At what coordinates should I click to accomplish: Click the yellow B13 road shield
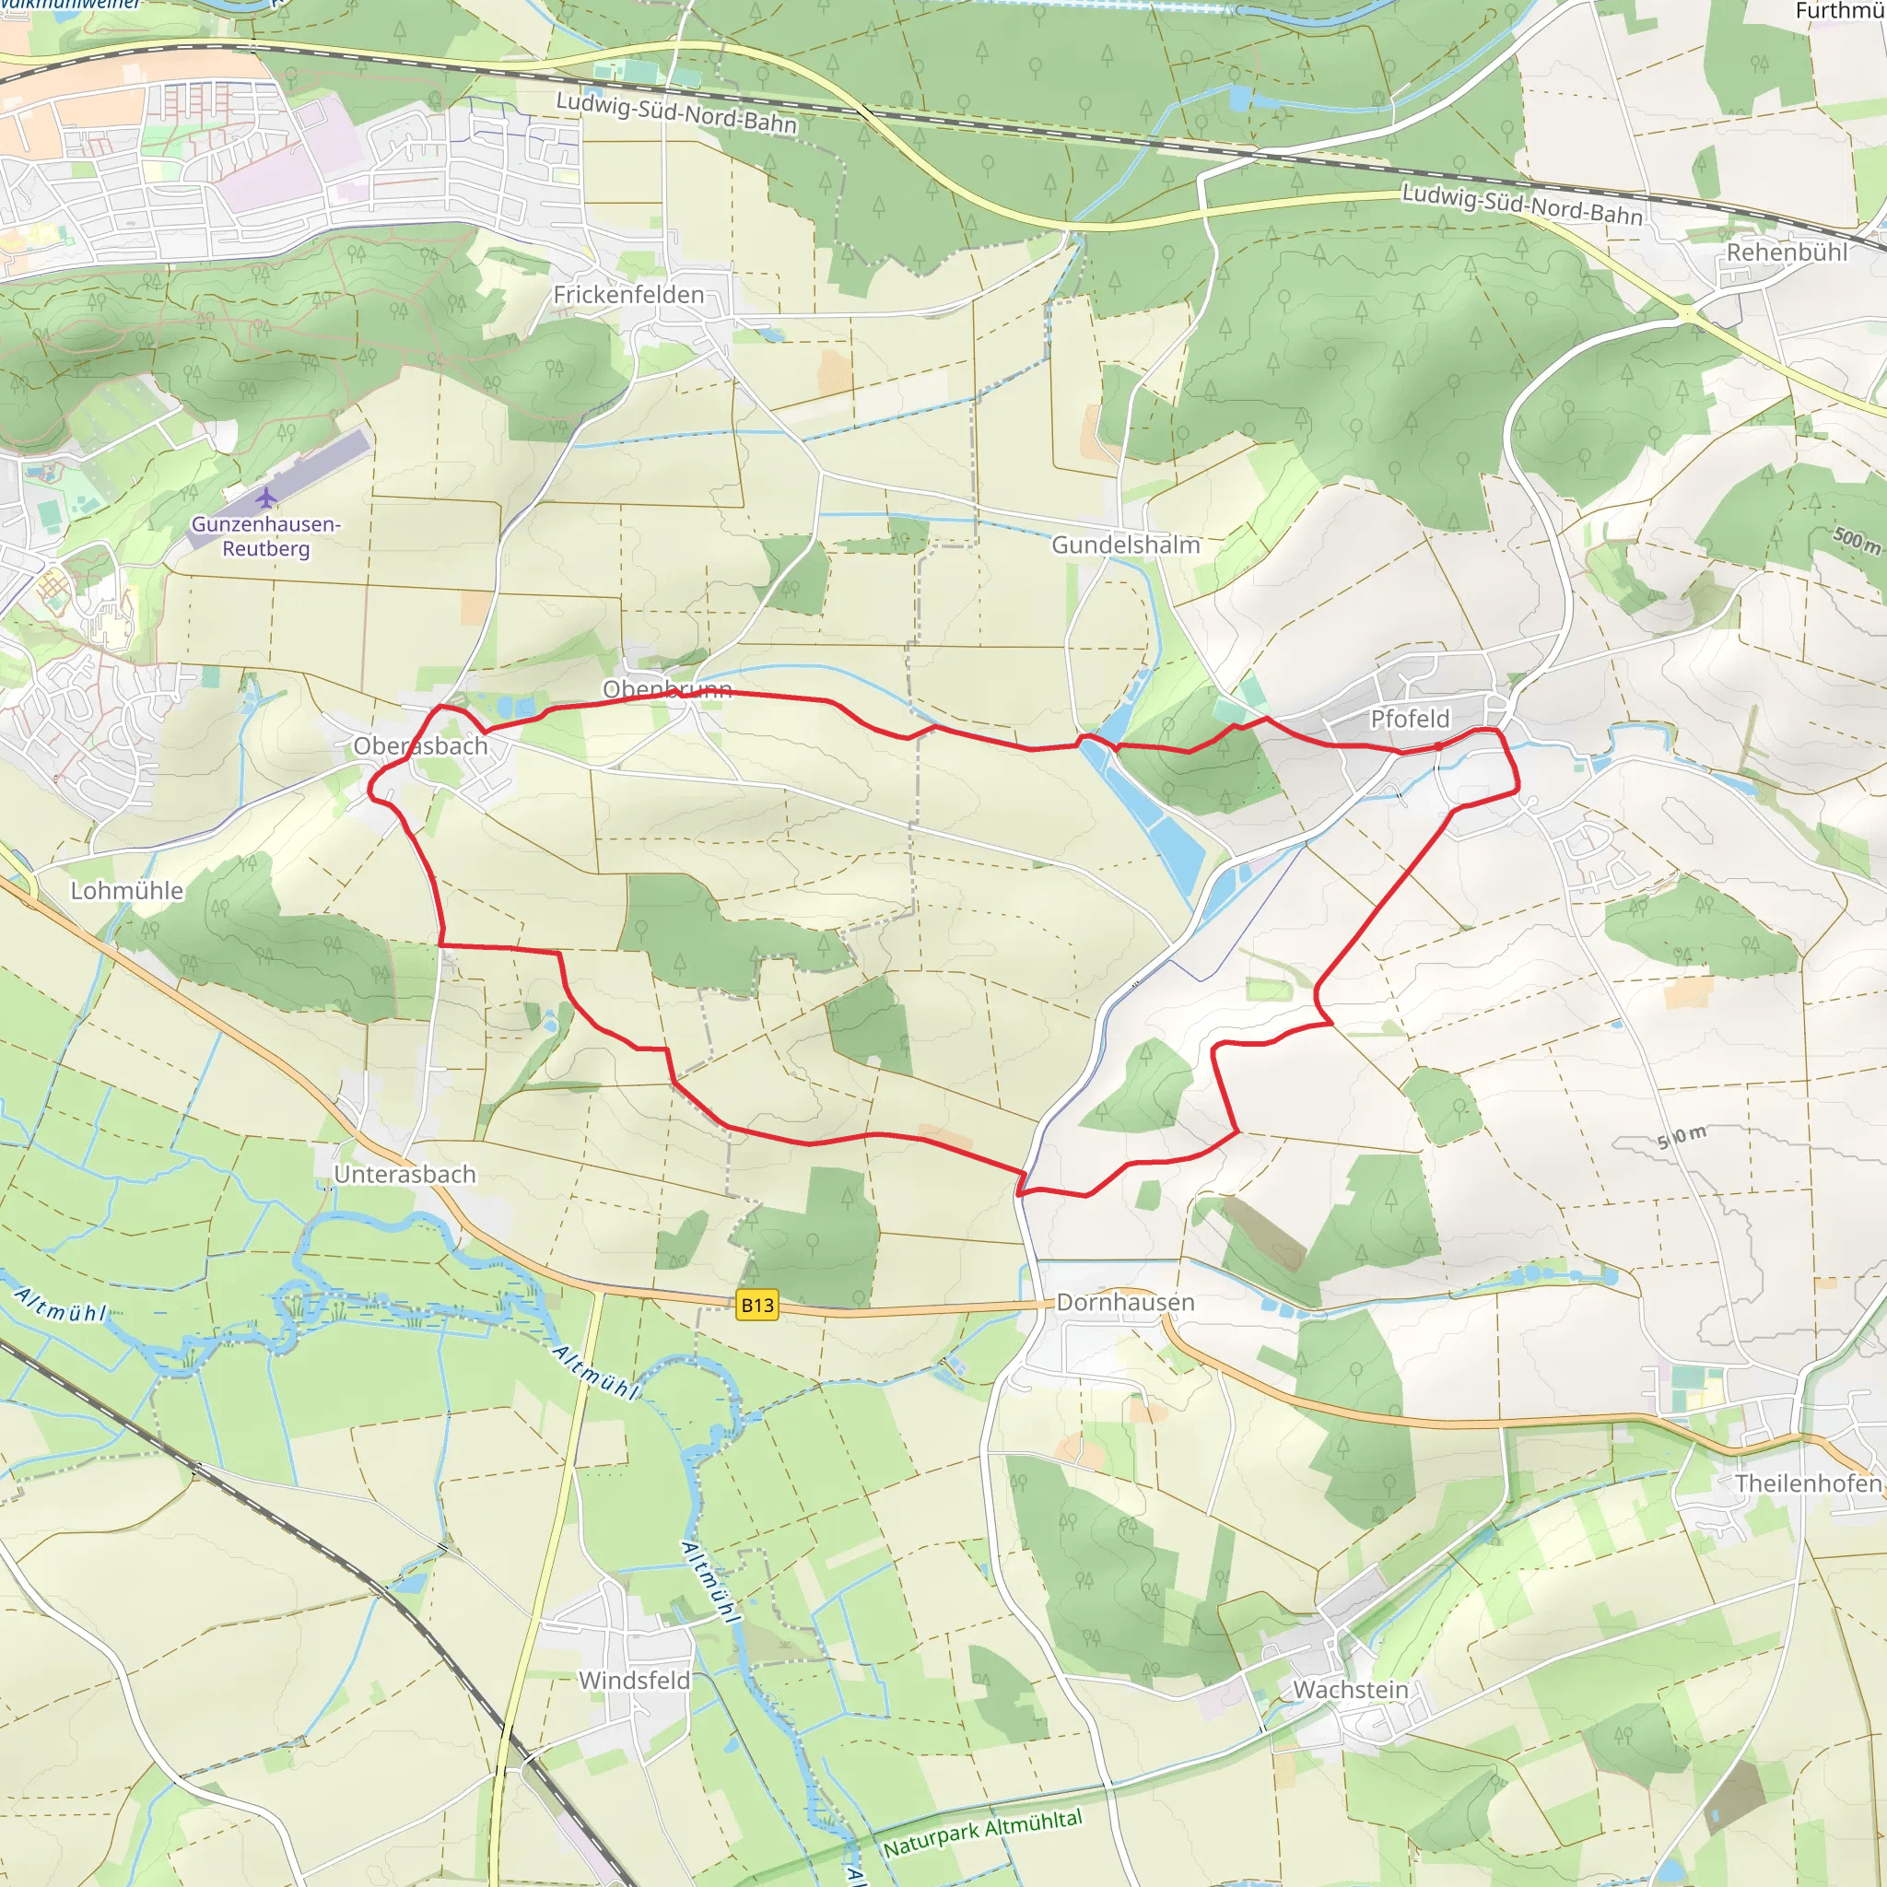point(757,1305)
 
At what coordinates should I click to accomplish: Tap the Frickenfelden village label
point(628,295)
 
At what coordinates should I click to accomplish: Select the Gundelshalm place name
point(1125,545)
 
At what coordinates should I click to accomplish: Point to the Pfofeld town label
point(1410,719)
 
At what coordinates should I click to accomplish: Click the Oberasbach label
point(420,746)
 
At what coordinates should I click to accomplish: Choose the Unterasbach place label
point(404,1174)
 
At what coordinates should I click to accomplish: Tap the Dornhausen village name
point(1125,1302)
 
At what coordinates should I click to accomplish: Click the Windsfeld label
point(634,1680)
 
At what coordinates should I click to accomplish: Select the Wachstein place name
point(1350,1690)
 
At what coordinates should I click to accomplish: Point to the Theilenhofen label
point(1808,1483)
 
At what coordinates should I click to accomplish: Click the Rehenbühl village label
point(1787,252)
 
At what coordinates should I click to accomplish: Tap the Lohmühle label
point(127,891)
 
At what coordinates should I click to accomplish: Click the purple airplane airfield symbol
point(265,499)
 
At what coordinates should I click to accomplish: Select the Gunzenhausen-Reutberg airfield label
point(265,536)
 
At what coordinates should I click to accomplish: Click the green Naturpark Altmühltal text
point(982,1834)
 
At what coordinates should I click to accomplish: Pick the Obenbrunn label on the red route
point(667,689)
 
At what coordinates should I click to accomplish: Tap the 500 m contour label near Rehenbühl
point(1856,539)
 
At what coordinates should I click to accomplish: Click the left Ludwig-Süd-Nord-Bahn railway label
point(676,112)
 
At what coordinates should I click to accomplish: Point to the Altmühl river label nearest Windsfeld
point(709,1581)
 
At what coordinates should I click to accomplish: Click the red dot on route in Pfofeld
point(1437,746)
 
